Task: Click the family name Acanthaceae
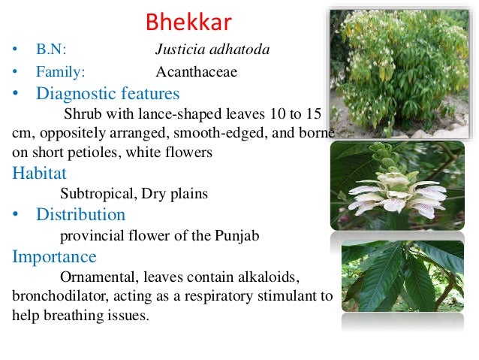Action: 196,72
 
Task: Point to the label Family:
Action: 60,72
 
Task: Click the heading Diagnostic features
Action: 107,94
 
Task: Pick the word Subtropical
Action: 95,194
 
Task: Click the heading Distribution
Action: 80,215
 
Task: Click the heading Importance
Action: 54,257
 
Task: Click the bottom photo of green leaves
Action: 402,276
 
